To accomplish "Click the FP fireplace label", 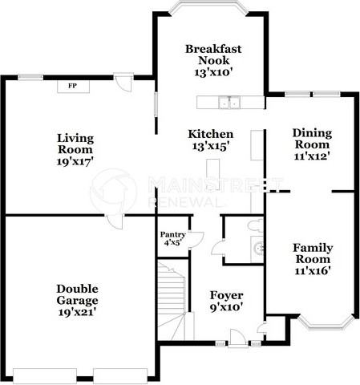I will [72, 86].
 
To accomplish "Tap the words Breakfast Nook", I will [213, 55].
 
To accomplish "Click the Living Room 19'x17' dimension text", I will [75, 160].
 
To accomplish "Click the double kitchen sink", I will [230, 102].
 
